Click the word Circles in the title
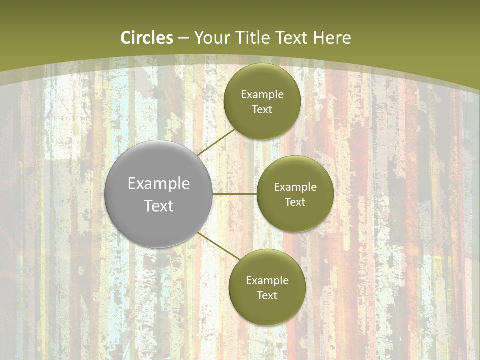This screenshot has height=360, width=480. click(x=147, y=38)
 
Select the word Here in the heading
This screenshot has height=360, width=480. click(x=332, y=38)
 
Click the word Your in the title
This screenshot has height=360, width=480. click(x=210, y=38)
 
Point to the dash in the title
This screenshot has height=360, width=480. click(x=183, y=38)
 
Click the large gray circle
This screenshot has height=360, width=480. click(x=158, y=220)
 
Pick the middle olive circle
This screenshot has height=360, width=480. click(x=295, y=217)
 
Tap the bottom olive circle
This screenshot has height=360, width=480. click(x=267, y=310)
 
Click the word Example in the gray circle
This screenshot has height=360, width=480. click(x=159, y=184)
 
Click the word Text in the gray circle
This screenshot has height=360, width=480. click(x=159, y=206)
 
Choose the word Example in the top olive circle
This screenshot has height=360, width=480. click(x=262, y=95)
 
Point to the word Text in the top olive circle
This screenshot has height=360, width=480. click(x=262, y=110)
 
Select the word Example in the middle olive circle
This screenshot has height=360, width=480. click(x=295, y=187)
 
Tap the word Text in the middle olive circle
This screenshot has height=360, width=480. click(x=295, y=202)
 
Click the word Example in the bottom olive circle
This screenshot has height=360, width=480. click(x=267, y=281)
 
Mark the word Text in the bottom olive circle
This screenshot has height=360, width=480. click(x=267, y=296)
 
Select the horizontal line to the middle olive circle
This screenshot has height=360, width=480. click(x=235, y=194)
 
